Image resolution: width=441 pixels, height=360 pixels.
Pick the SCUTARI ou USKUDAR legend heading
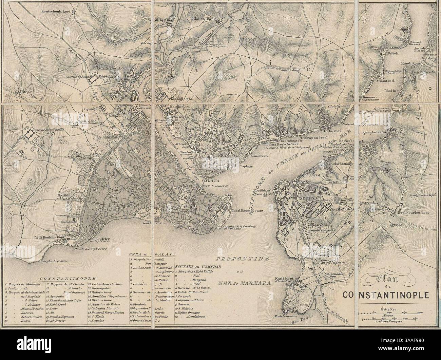pyautogui.click(x=198, y=267)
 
